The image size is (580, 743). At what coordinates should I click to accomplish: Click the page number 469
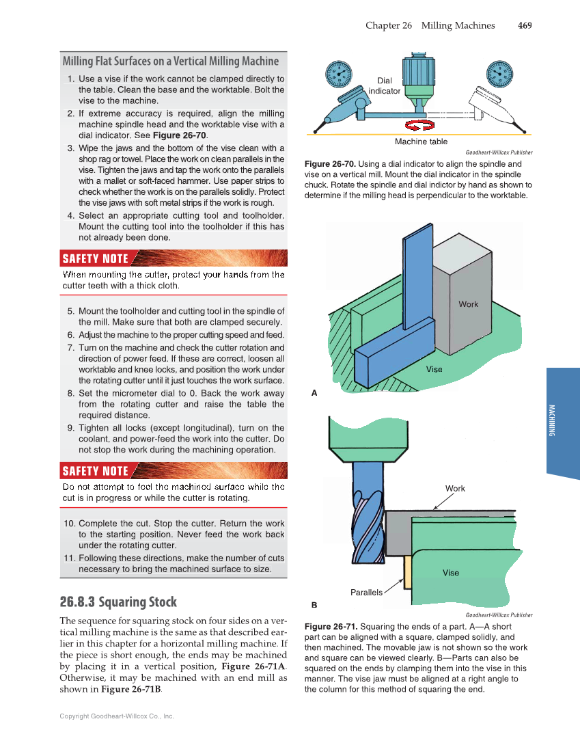tap(525, 25)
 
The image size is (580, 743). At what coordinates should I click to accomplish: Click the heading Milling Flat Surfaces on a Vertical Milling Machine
tap(170, 61)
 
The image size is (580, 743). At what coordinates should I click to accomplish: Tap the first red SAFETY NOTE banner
tap(96, 258)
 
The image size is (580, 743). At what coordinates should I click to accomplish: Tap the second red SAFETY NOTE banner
tap(96, 470)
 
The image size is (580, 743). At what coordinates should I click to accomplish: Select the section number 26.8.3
tap(77, 602)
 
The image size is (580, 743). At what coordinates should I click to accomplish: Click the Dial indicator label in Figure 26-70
tap(385, 85)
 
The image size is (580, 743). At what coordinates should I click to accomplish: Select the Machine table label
tap(421, 141)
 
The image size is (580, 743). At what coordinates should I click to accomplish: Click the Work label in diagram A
tap(468, 304)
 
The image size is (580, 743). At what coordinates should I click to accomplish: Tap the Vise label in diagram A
tap(434, 369)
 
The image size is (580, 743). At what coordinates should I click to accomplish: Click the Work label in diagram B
tap(455, 488)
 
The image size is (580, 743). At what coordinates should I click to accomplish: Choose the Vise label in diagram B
tap(451, 573)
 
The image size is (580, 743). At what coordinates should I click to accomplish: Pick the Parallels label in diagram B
tap(366, 592)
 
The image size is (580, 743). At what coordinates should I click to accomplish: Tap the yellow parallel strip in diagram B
tap(407, 571)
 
